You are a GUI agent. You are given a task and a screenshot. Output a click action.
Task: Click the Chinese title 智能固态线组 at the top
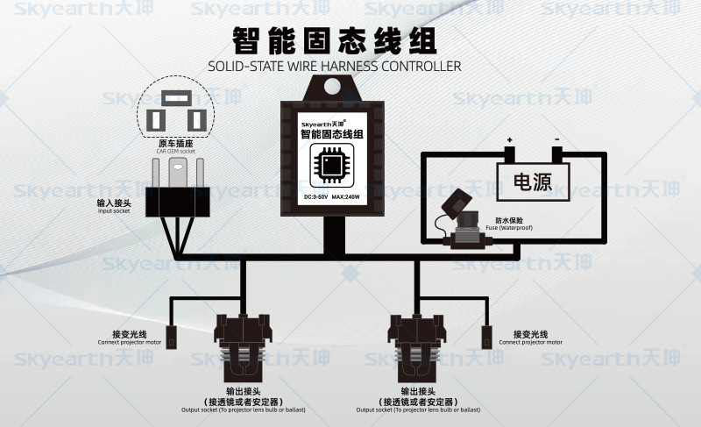[334, 41]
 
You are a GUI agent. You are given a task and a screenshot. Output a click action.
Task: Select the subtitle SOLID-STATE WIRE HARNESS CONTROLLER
[334, 66]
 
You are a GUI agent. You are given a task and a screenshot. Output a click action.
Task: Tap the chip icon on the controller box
[333, 163]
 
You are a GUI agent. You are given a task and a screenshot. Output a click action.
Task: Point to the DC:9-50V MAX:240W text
[333, 197]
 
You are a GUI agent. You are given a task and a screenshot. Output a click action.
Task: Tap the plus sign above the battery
[508, 140]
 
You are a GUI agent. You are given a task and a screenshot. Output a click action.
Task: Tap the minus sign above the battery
[556, 140]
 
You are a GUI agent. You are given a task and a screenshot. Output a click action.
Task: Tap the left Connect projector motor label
[128, 338]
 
